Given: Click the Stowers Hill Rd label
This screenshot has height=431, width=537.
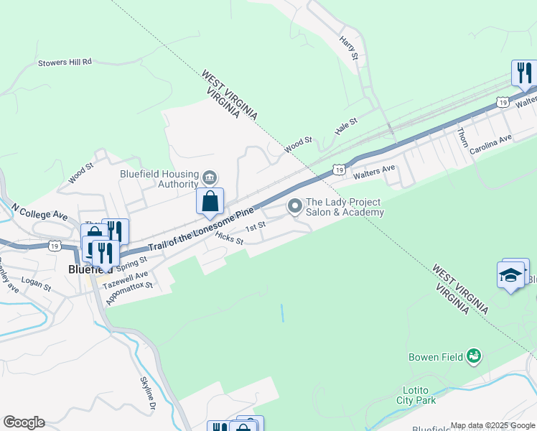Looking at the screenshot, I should tap(66, 62).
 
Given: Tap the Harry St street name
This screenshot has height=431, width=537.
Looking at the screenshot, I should tap(349, 47).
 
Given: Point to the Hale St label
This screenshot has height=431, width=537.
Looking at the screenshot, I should tap(346, 127).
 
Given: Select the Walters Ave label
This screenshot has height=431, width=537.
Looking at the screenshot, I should tap(374, 172).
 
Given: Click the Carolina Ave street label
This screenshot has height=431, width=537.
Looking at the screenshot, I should tap(491, 145).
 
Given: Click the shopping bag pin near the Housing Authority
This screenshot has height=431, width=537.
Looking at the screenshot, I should tap(210, 200).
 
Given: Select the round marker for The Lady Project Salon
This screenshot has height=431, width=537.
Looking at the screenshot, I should tap(294, 207).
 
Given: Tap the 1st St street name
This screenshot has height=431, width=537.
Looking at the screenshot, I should tap(256, 227).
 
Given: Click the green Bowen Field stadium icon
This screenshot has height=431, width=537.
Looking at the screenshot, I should tap(473, 355).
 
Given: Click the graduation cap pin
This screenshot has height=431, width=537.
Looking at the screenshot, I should tap(510, 275).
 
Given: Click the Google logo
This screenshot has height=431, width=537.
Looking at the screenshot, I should tap(24, 422).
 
